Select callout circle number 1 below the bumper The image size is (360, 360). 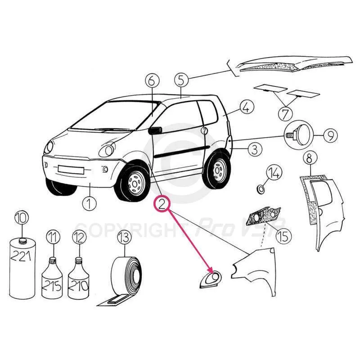coord(90,203)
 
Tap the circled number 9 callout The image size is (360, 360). coord(331,135)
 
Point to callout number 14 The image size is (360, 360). coord(274,173)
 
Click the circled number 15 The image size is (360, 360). coord(284,236)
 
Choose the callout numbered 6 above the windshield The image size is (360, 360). coord(152,81)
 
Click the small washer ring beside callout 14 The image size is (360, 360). coord(260,189)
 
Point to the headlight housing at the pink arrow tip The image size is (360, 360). coord(210,279)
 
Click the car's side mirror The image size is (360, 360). coord(155,130)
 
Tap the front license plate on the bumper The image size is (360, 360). coord(71,170)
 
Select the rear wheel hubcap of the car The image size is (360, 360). coord(218,171)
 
